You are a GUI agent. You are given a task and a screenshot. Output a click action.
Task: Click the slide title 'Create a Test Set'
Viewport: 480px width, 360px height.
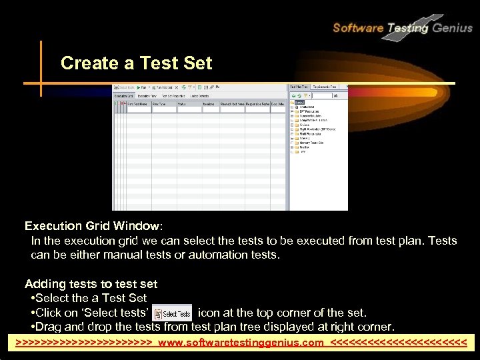[x=136, y=63]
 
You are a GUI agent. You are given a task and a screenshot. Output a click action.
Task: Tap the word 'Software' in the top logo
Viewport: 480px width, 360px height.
[x=358, y=28]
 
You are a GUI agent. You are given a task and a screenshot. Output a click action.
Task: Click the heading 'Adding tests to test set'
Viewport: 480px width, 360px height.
[x=91, y=284]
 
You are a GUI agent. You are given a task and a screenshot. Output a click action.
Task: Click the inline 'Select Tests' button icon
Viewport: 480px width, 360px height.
[x=172, y=313]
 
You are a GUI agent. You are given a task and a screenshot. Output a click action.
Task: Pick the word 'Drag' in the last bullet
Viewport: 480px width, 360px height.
[x=51, y=327]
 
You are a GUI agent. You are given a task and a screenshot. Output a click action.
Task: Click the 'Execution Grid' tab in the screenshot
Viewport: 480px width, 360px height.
[x=124, y=95]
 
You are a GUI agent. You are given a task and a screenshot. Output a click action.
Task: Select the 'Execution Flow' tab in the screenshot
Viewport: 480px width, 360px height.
[x=147, y=95]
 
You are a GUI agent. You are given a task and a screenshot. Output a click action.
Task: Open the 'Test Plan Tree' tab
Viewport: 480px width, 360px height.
[x=299, y=87]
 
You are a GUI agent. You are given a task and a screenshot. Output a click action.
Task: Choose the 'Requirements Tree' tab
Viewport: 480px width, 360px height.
[x=325, y=87]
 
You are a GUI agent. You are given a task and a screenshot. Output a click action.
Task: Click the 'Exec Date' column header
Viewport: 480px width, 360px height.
[x=278, y=103]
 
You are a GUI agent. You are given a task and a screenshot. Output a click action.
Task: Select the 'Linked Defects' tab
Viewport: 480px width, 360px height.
[x=199, y=95]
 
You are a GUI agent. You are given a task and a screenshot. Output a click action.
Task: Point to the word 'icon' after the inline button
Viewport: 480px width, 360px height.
[x=209, y=313]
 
